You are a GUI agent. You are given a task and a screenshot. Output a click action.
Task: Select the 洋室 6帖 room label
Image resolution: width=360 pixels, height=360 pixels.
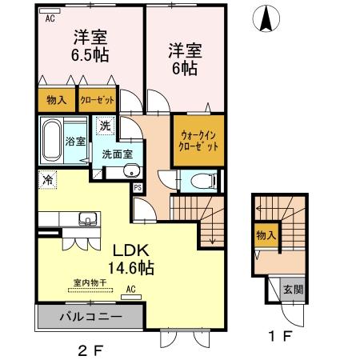pos(184,58)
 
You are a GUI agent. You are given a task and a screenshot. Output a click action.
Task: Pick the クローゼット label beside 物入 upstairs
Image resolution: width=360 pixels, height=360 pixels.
pos(98,100)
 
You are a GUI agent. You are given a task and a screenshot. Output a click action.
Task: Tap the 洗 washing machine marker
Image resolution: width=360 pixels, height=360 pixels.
pos(105,125)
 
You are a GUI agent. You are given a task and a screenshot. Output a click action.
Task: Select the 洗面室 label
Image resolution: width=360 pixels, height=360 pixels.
pos(117,154)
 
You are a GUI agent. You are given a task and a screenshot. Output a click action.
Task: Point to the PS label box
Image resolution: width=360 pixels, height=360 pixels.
pos(138,188)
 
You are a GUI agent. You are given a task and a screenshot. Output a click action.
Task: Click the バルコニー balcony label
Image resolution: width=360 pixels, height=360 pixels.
pos(90,317)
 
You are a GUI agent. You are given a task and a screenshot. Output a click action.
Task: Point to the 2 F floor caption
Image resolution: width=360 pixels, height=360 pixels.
pos(90,350)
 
